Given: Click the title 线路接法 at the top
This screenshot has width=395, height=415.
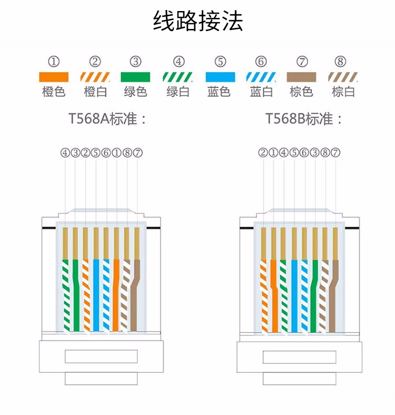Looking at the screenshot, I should [197, 21].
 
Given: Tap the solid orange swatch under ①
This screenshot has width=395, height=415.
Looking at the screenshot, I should [54, 77].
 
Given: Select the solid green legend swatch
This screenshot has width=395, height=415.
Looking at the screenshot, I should [135, 77].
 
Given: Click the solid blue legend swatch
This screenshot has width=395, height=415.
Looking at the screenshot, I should [220, 77].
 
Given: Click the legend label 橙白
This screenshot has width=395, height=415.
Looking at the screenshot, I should [95, 92].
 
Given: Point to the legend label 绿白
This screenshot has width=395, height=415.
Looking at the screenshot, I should [178, 92].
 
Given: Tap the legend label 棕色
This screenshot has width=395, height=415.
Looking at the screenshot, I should [301, 92].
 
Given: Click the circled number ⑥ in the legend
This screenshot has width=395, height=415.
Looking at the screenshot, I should [261, 62].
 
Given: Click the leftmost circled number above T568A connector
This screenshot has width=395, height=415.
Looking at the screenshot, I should [65, 153].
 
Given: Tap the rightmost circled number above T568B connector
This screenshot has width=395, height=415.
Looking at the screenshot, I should [335, 153].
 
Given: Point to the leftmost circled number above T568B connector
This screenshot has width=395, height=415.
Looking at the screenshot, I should [263, 153].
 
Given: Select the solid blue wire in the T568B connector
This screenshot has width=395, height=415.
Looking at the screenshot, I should [294, 295].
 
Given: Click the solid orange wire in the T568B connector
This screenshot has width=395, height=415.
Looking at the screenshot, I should [274, 305].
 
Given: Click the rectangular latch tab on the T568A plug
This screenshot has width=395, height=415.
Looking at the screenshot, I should [101, 357].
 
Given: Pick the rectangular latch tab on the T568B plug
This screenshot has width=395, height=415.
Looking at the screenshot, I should [299, 357].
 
